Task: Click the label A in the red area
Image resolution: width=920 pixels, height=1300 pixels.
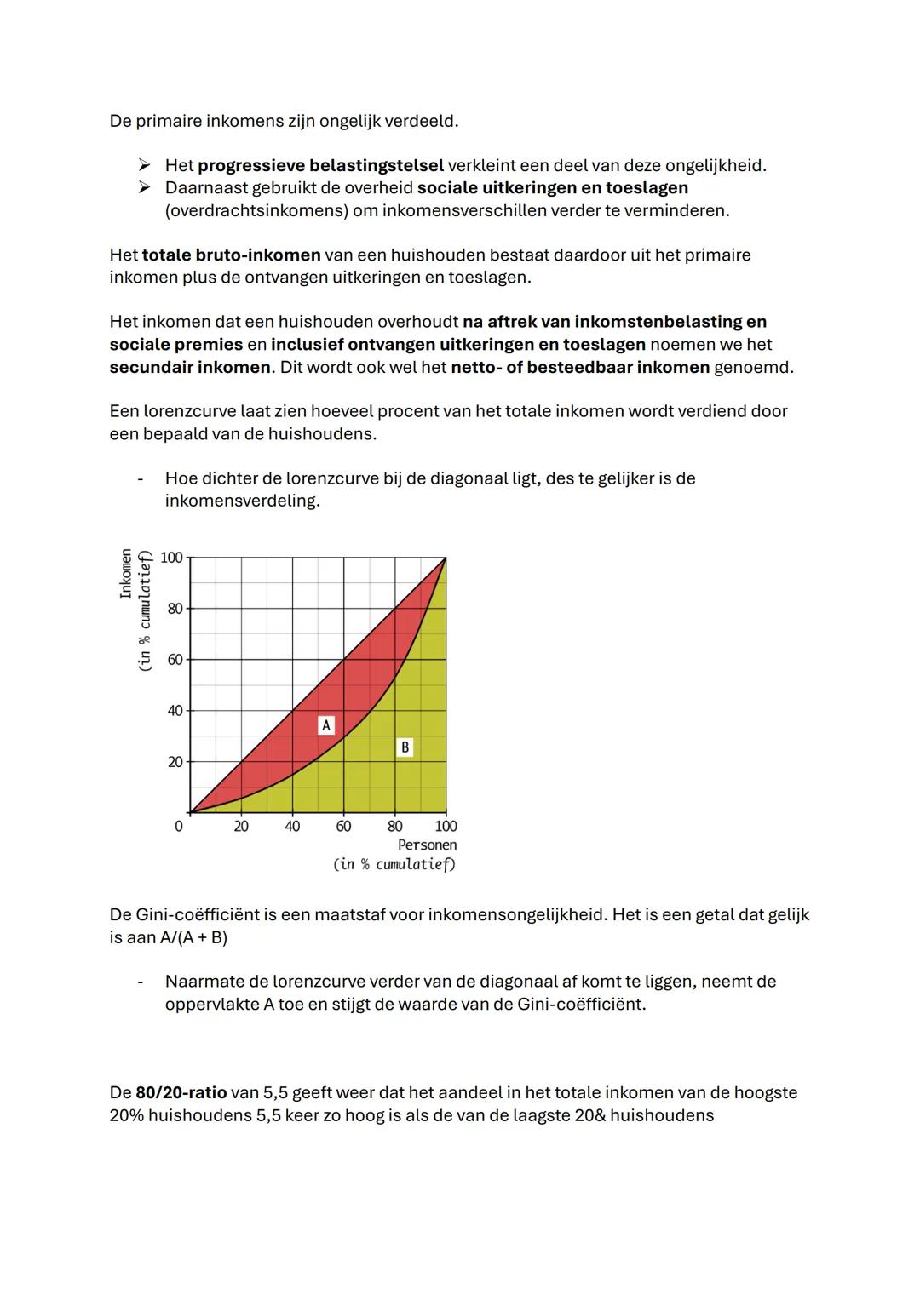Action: (x=325, y=725)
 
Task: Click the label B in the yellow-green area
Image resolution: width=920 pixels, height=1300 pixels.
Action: (x=405, y=747)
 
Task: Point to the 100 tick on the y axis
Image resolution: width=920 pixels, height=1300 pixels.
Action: (x=172, y=558)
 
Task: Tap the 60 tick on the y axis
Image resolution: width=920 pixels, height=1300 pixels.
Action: (x=175, y=660)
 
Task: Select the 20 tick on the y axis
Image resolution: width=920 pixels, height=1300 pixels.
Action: (x=175, y=762)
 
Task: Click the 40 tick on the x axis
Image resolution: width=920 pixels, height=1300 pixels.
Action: (x=292, y=827)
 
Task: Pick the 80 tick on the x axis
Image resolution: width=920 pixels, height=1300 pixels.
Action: (x=395, y=827)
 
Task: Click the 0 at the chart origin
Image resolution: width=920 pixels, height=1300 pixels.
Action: (x=178, y=827)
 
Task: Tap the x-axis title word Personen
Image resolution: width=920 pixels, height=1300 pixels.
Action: (x=427, y=845)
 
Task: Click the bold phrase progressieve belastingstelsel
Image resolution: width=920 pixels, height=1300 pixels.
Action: (x=320, y=165)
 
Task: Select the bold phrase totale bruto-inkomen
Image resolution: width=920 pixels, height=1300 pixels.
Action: (x=231, y=255)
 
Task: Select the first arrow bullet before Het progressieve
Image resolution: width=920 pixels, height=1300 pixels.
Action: (x=145, y=165)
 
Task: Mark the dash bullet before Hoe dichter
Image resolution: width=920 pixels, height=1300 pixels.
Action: (x=140, y=479)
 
